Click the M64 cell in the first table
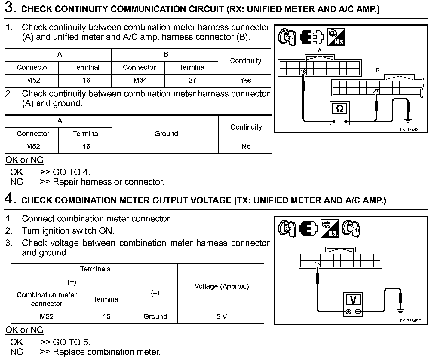(139, 80)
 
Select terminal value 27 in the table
(192, 80)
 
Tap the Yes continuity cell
(245, 80)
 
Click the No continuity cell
(246, 146)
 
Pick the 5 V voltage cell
(222, 316)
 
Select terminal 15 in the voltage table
(106, 316)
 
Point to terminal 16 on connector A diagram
(303, 72)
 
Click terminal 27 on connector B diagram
(376, 91)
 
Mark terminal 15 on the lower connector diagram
(317, 264)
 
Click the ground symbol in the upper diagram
(408, 121)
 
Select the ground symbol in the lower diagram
(400, 311)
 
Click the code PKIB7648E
(410, 130)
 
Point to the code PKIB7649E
(410, 321)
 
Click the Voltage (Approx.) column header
(222, 286)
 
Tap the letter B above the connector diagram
(378, 70)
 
